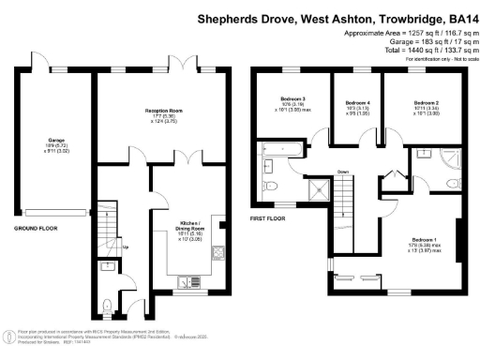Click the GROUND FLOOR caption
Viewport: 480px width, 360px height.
(37, 227)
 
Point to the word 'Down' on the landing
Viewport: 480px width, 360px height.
(343, 172)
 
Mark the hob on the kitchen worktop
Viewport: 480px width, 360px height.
(217, 250)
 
